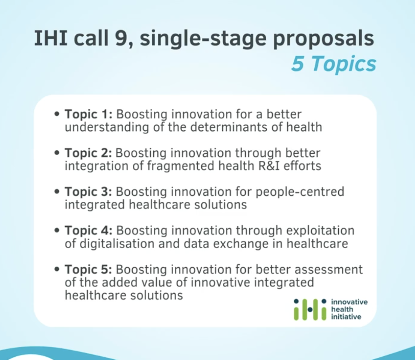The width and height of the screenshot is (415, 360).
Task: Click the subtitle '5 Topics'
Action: (x=333, y=64)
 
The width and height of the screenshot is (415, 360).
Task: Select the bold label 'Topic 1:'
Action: (x=89, y=115)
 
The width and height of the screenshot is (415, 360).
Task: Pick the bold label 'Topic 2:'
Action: (x=88, y=153)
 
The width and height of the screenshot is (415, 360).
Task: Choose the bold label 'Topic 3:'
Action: (x=88, y=192)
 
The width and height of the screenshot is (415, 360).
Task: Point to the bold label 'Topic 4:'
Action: (x=89, y=231)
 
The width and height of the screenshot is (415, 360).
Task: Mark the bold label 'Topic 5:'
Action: (x=88, y=270)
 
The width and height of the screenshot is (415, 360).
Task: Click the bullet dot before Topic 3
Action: (x=56, y=191)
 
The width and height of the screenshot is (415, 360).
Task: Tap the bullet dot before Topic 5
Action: (x=56, y=269)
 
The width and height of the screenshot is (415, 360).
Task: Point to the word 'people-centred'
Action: (x=300, y=192)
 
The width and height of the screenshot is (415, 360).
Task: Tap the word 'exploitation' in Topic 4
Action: (x=320, y=231)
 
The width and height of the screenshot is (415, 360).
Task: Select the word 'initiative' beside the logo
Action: (x=346, y=317)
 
